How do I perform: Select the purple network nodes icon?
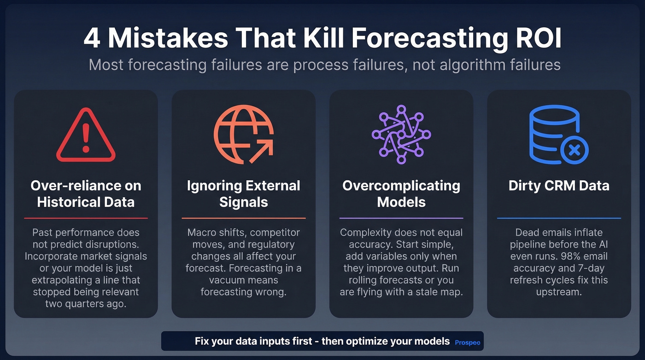[x=401, y=134]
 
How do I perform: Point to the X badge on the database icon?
[x=574, y=150]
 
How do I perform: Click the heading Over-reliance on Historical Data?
[x=86, y=194]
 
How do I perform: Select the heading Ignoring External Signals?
[x=243, y=194]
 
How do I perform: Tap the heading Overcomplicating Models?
[x=401, y=194]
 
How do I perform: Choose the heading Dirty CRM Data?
[x=559, y=186]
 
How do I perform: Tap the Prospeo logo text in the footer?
[x=467, y=342]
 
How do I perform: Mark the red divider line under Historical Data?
[x=86, y=218]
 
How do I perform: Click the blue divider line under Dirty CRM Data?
[x=559, y=218]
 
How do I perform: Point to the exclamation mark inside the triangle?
[x=86, y=137]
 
